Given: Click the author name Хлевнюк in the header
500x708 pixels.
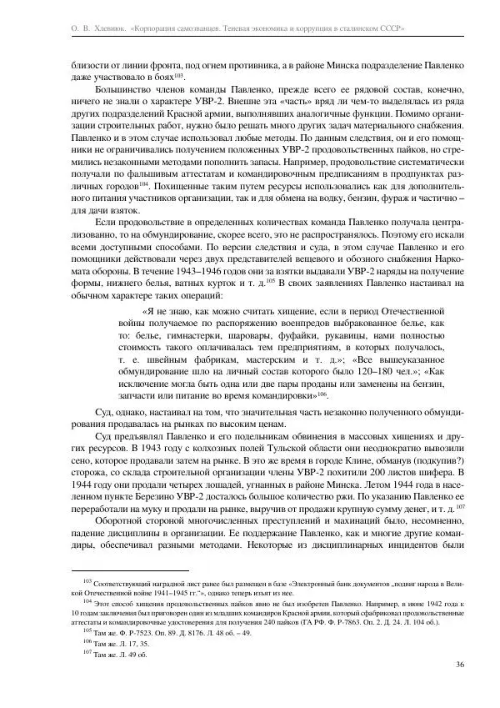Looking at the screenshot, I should coord(103,28).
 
